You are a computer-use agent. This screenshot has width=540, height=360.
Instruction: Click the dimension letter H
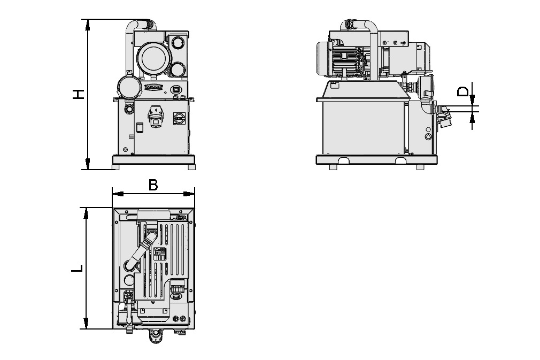[79, 95]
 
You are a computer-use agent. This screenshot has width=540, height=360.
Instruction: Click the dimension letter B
[153, 185]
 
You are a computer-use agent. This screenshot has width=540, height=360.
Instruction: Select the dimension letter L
[78, 268]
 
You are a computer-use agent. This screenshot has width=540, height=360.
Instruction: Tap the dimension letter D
[465, 90]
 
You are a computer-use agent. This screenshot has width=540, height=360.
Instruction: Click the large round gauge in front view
[152, 57]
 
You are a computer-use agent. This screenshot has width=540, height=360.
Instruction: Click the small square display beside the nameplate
[175, 89]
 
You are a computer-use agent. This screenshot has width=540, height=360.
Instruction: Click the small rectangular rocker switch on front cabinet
[139, 128]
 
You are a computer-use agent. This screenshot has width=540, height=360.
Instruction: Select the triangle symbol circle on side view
[427, 136]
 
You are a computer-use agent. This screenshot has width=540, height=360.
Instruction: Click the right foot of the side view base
[420, 167]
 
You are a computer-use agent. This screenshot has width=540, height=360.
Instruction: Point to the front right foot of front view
[191, 167]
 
